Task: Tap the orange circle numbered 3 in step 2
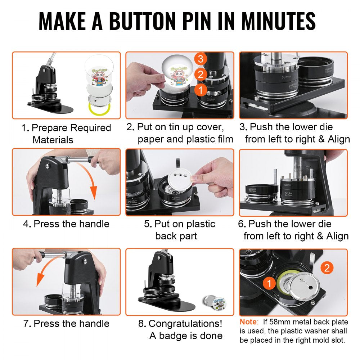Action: pos(201,58)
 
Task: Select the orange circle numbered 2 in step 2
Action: pos(201,75)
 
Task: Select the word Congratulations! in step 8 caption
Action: pos(185,323)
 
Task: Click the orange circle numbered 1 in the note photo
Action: pos(269,283)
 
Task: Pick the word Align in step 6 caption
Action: pos(335,236)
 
